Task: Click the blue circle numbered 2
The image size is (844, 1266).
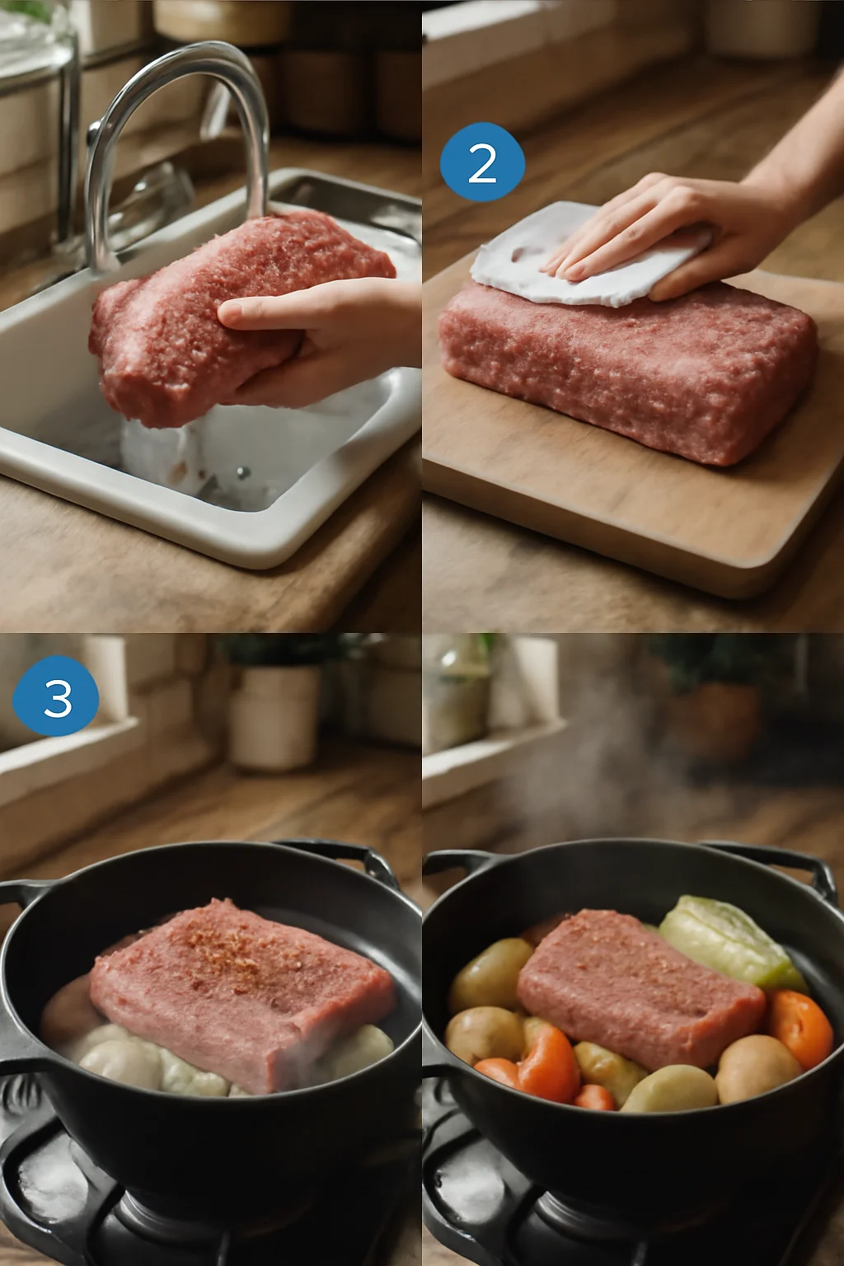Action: (482, 162)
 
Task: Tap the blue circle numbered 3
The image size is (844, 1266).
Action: (56, 696)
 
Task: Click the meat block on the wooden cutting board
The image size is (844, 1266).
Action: (626, 371)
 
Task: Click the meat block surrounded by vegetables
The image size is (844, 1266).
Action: (635, 989)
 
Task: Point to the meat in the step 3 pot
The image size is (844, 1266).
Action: (239, 997)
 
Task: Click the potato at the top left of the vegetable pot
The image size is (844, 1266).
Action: (490, 977)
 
